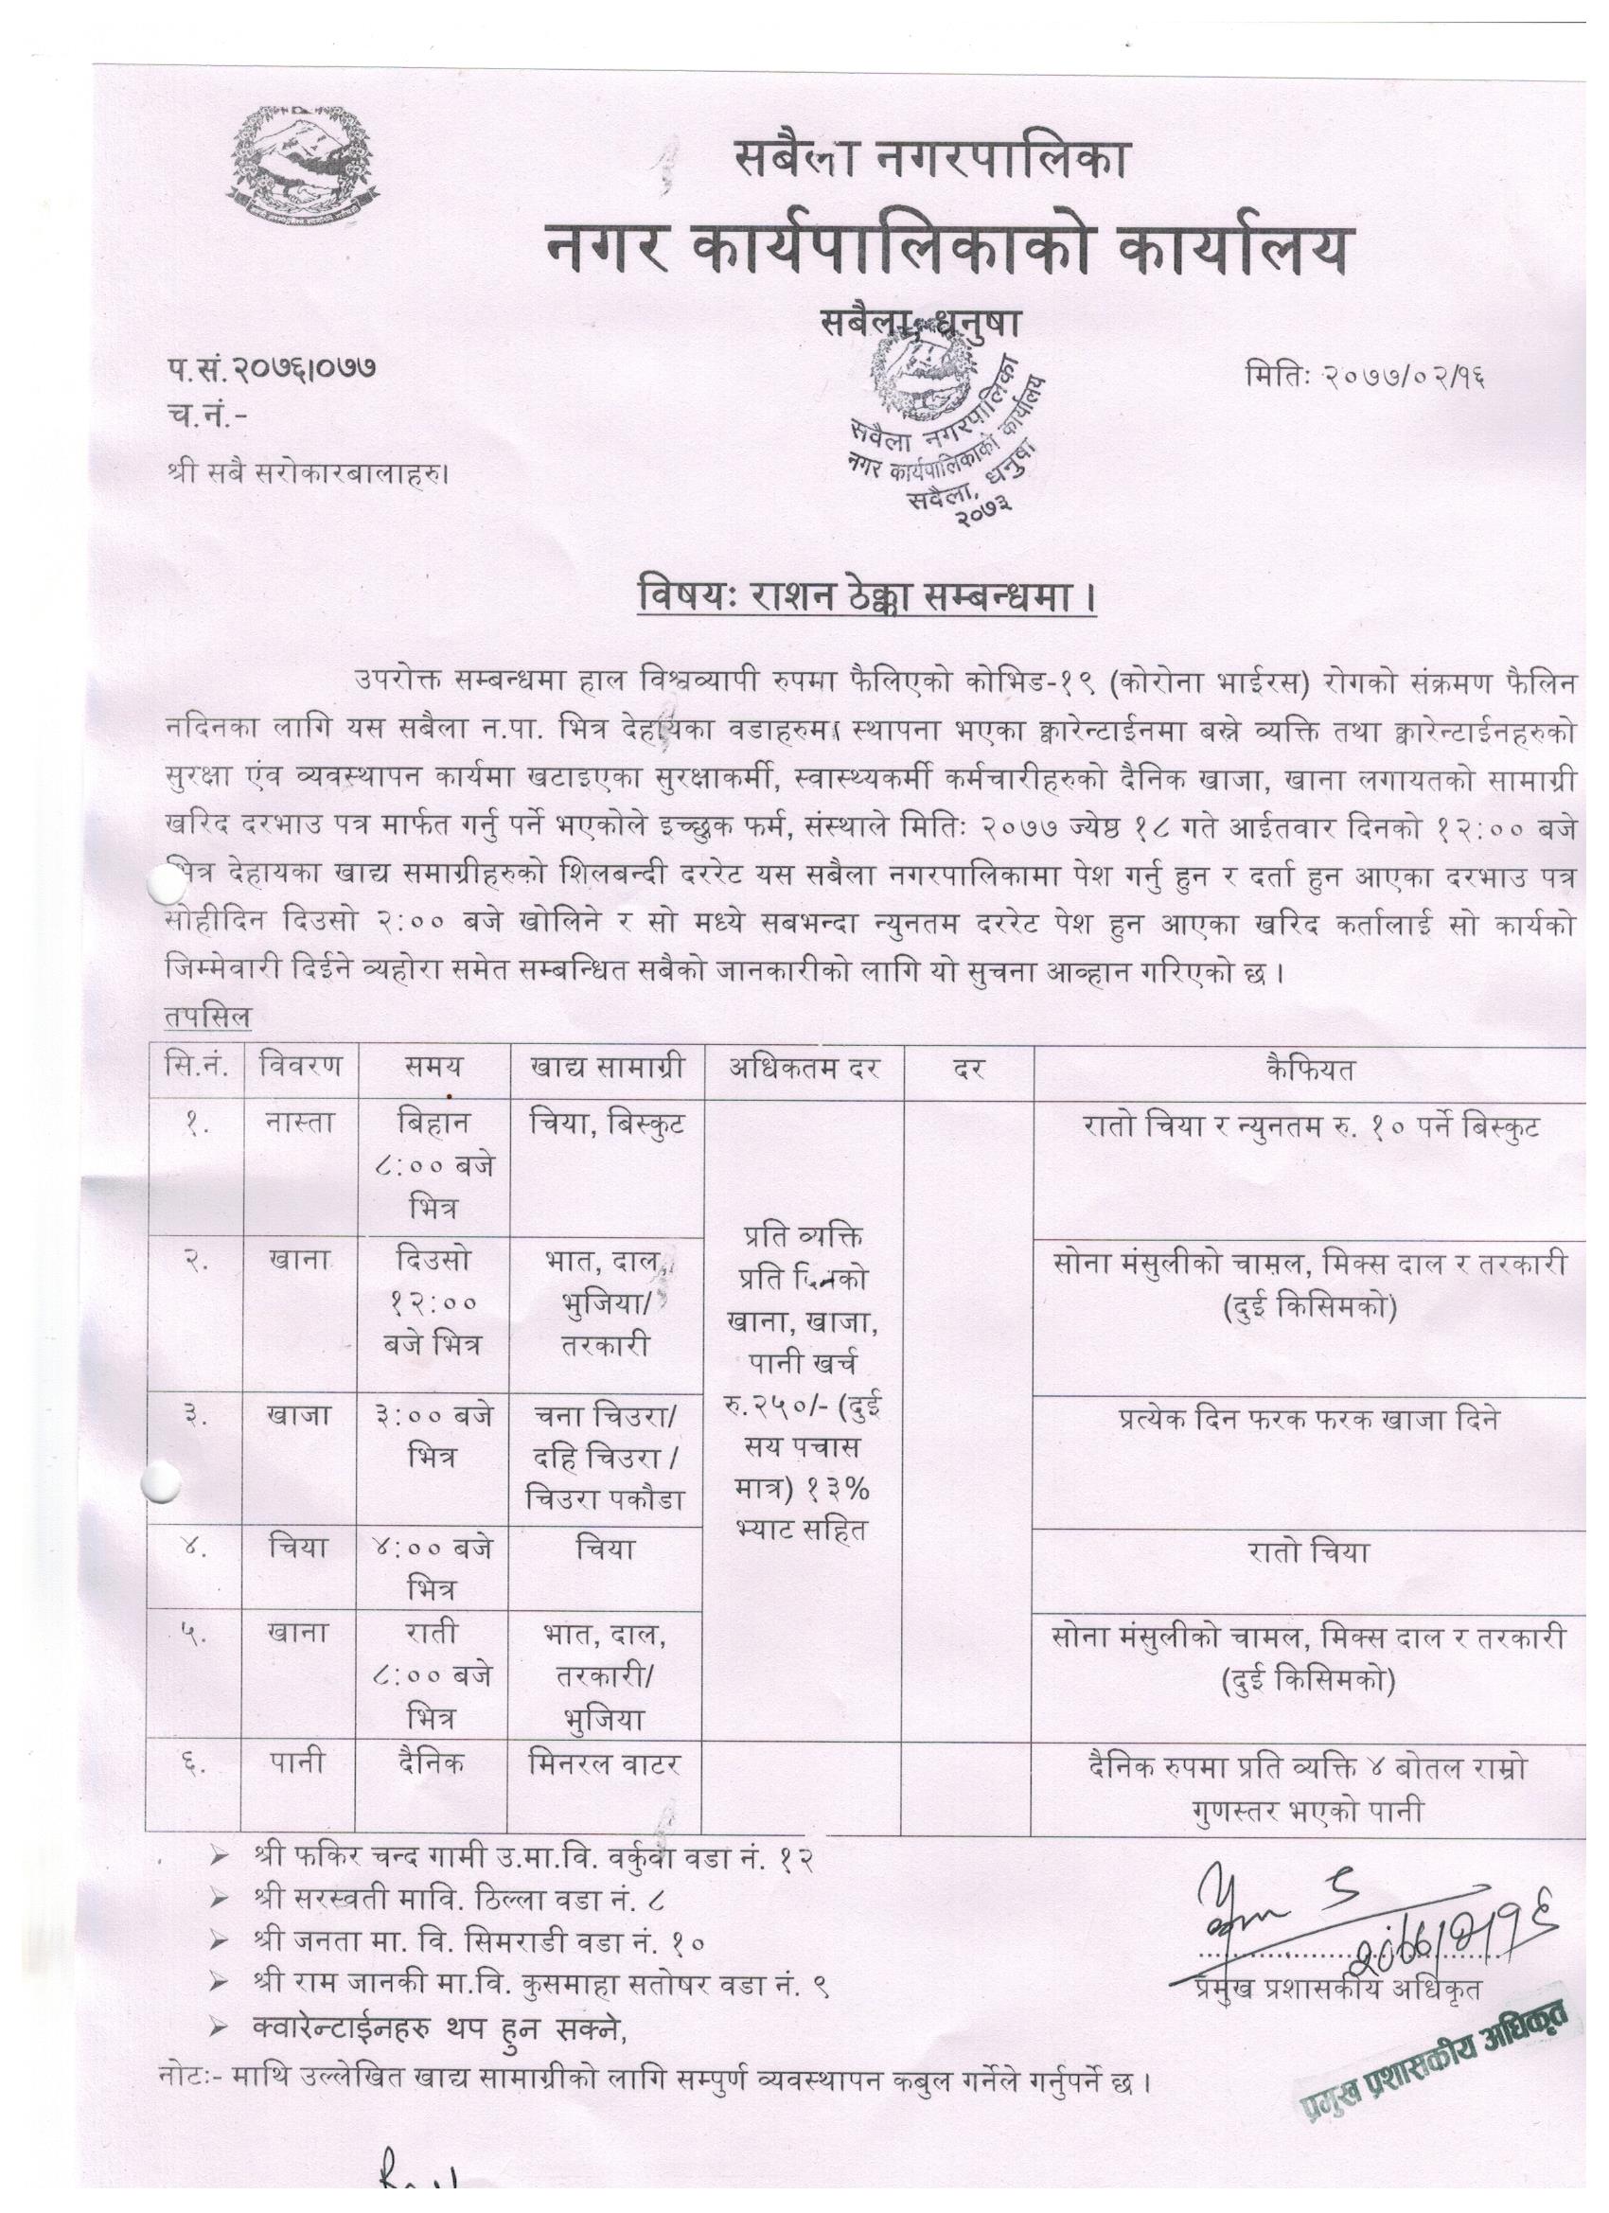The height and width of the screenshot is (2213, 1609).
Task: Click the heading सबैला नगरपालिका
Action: [932, 159]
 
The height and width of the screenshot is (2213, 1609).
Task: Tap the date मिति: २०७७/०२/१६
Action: [1365, 375]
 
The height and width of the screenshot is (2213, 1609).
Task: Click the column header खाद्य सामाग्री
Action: [608, 1068]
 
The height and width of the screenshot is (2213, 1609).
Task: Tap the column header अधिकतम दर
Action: [805, 1068]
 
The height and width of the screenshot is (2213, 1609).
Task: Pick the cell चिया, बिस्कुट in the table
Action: [608, 1124]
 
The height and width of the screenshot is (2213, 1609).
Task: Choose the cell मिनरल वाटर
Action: [605, 1763]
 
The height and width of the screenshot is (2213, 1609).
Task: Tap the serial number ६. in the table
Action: [193, 1763]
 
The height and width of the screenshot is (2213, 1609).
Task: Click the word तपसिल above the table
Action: [208, 1017]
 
